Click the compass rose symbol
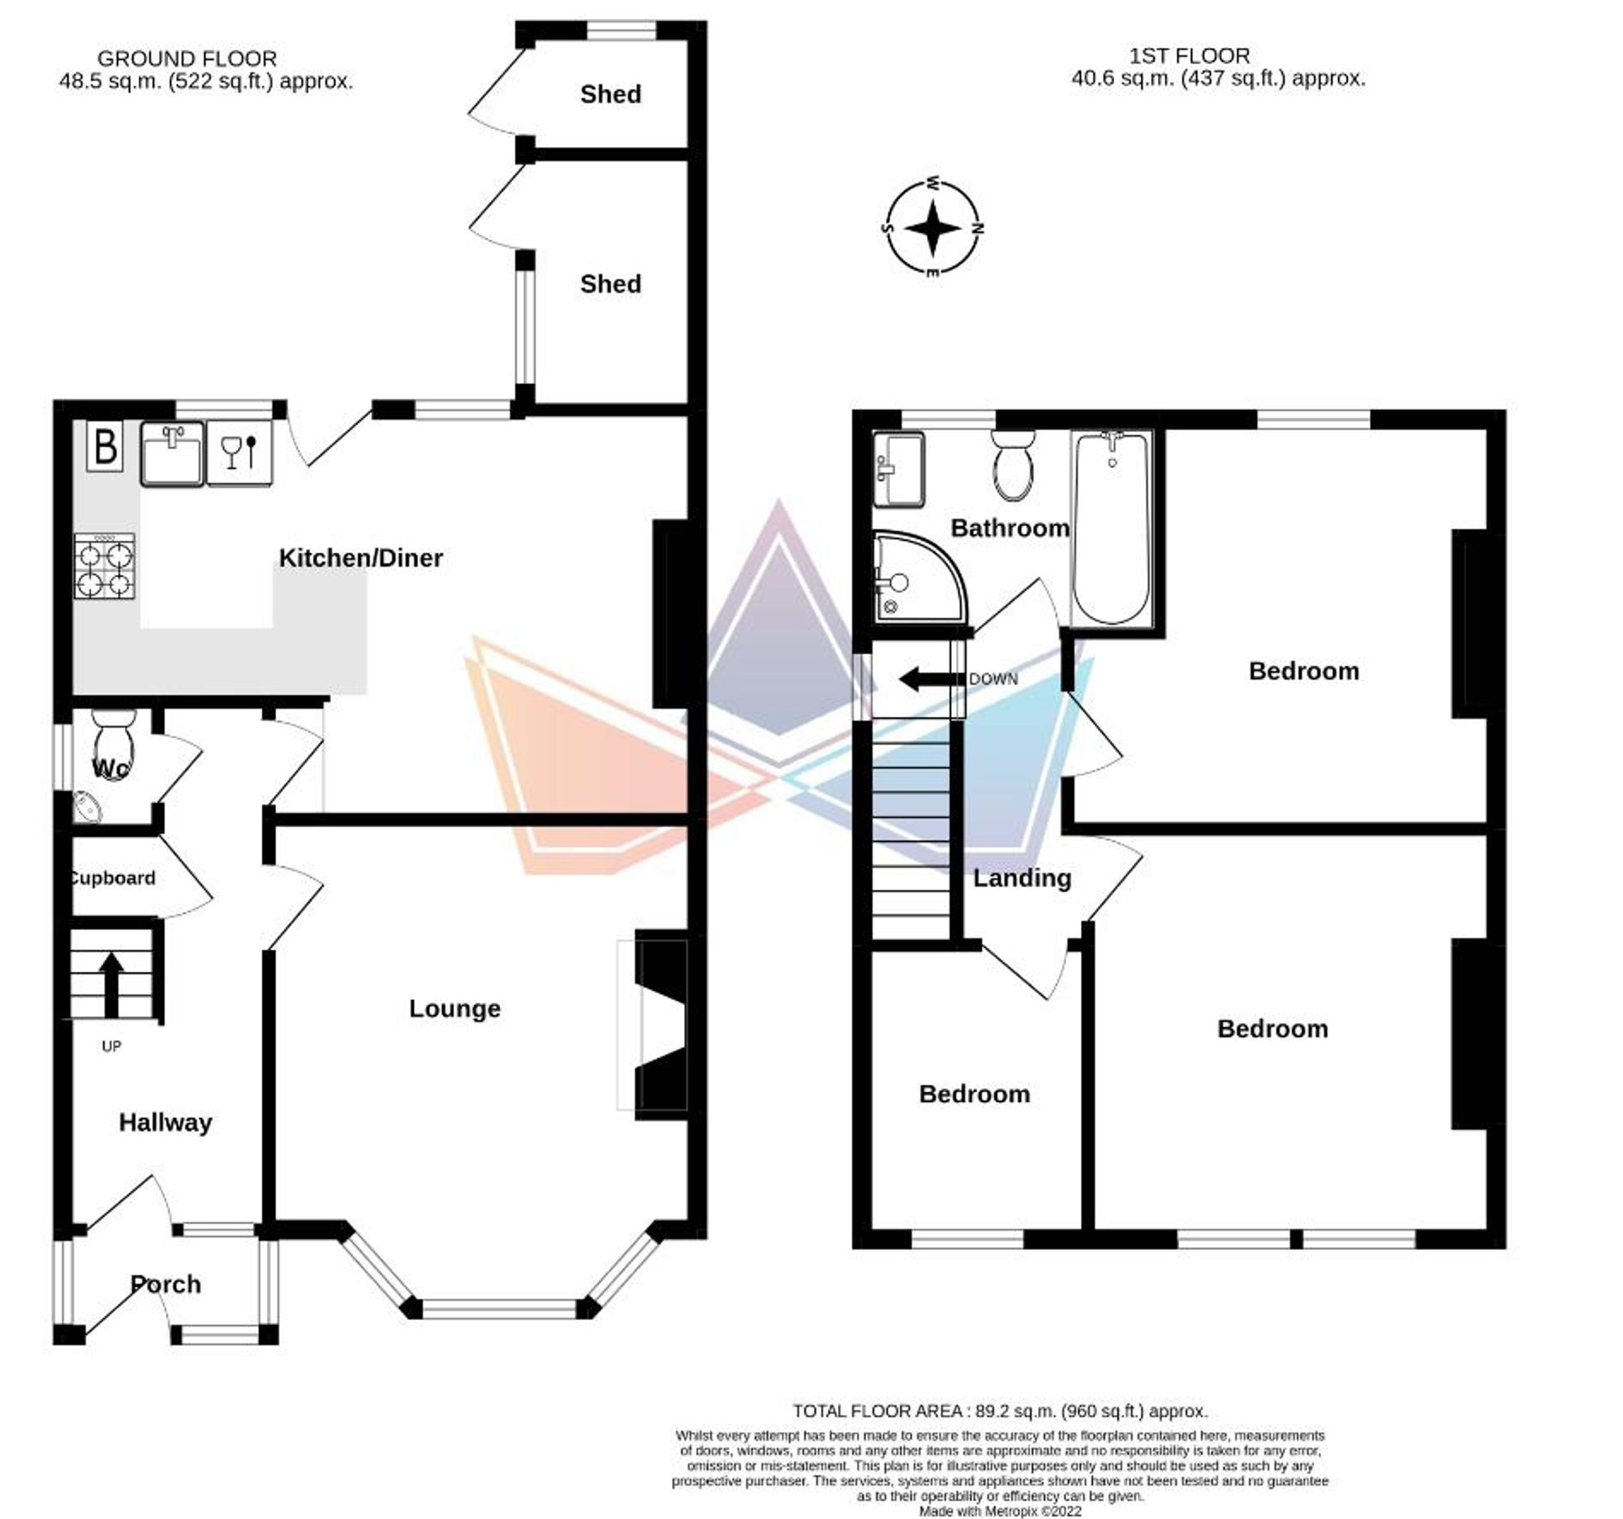pos(933,228)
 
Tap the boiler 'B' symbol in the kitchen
pos(105,447)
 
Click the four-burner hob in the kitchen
pos(105,566)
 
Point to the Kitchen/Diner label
pos(361,559)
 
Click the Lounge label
pos(454,1008)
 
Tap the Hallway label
pos(166,1122)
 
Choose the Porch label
pos(166,1284)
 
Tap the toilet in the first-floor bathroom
pos(1013,466)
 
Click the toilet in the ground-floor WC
pos(115,744)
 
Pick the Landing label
pos(1022,878)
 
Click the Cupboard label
pos(113,878)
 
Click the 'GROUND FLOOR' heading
pos(187,58)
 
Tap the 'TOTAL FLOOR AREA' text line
pos(1000,1410)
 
